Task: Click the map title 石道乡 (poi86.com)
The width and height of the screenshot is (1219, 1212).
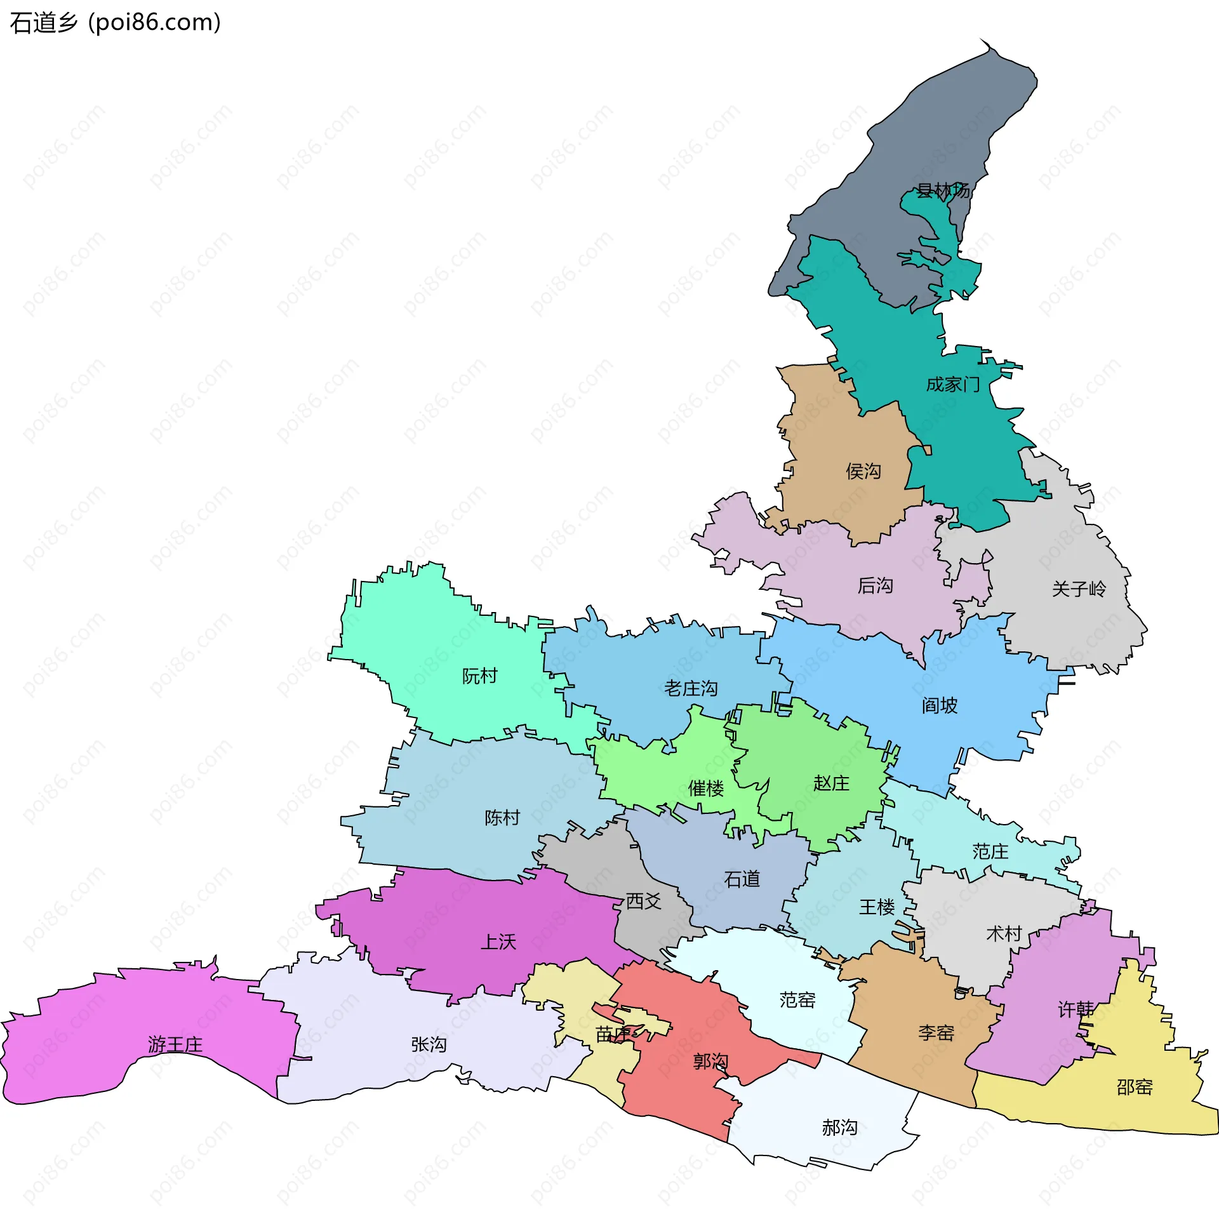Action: pos(116,23)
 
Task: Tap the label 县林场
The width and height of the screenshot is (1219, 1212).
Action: pos(943,190)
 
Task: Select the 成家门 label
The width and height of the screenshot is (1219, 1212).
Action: pos(952,385)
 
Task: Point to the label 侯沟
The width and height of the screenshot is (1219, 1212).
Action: pos(863,471)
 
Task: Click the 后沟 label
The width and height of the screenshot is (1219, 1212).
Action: pos(876,585)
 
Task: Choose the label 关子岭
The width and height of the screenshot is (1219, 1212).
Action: pos(1079,589)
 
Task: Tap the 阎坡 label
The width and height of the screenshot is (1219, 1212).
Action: pos(940,705)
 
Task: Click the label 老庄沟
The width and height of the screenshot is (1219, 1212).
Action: pos(691,688)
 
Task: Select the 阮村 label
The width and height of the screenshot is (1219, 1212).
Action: pos(479,676)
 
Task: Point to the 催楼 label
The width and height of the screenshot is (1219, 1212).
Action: pos(706,789)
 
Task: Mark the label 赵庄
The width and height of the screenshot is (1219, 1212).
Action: pos(831,783)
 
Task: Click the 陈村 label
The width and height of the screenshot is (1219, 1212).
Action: pos(502,818)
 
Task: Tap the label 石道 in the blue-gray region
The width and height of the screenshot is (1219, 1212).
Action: pos(742,879)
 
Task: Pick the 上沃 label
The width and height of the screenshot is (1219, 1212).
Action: pos(498,942)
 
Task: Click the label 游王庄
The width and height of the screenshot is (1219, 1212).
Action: pos(175,1044)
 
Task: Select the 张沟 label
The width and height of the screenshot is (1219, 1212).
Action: pos(429,1044)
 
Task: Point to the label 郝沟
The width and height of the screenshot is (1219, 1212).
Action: pos(839,1128)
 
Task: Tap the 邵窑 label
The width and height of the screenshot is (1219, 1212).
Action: pos(1135,1087)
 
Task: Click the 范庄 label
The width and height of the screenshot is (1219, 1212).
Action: pos(990,851)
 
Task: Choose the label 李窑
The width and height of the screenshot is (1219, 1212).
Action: pos(936,1033)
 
